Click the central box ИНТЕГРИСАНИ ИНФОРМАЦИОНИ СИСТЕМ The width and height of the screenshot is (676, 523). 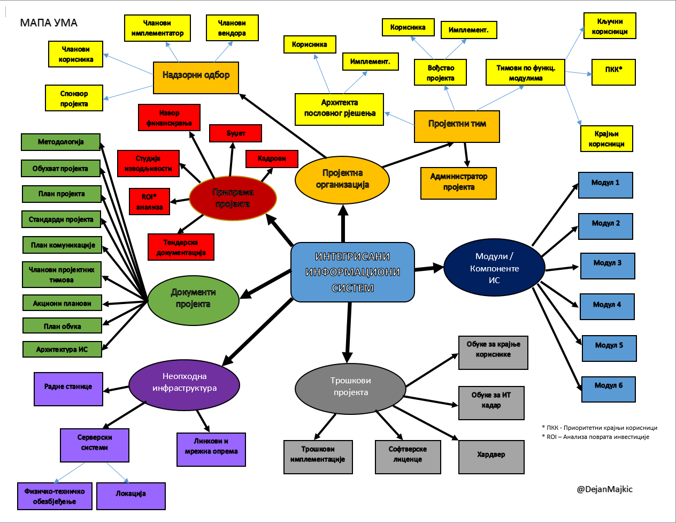point(352,272)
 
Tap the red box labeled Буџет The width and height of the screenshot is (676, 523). point(235,133)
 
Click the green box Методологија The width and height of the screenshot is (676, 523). point(60,142)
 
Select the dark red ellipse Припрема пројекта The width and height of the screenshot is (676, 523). point(233,198)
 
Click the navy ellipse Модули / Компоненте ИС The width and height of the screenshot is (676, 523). point(494,268)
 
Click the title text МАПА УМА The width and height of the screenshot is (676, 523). point(49,23)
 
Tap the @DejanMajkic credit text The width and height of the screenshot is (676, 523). point(604,489)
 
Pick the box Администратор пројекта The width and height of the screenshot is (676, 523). point(458,183)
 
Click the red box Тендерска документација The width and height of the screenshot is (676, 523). point(181,247)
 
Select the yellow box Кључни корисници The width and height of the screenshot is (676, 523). point(609,26)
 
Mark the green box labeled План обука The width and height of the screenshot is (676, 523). point(62,325)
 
